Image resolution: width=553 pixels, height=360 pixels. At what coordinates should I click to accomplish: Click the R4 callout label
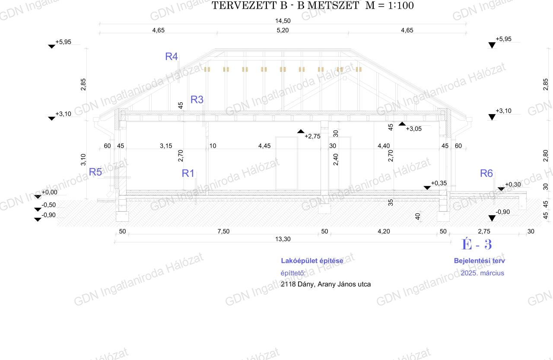pyautogui.click(x=172, y=57)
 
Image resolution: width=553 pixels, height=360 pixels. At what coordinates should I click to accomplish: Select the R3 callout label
pyautogui.click(x=197, y=99)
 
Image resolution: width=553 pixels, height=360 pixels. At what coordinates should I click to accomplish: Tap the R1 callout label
pyautogui.click(x=188, y=173)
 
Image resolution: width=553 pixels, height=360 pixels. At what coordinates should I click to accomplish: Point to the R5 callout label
pyautogui.click(x=95, y=172)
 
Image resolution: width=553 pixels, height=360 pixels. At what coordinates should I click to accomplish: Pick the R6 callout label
pyautogui.click(x=486, y=173)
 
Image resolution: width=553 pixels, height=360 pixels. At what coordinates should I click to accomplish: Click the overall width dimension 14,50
pyautogui.click(x=283, y=21)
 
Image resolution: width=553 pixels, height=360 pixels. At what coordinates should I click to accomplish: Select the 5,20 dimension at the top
pyautogui.click(x=283, y=30)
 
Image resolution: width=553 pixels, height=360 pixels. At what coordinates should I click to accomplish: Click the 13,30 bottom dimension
pyautogui.click(x=283, y=239)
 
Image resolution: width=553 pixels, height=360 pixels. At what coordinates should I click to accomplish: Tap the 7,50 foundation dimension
pyautogui.click(x=223, y=231)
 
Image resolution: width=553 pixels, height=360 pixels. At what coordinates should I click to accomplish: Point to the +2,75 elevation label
pyautogui.click(x=312, y=136)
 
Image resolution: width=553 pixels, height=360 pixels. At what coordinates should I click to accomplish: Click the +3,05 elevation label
pyautogui.click(x=413, y=129)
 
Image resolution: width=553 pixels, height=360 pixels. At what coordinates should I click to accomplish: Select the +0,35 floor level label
pyautogui.click(x=439, y=183)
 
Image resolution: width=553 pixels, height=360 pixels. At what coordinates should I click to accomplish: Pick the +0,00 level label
pyautogui.click(x=49, y=192)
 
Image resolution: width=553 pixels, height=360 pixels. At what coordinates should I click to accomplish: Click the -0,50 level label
pyautogui.click(x=49, y=205)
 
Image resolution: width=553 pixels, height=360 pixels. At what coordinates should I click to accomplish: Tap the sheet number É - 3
pyautogui.click(x=477, y=245)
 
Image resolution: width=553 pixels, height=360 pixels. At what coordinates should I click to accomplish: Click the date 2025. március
pyautogui.click(x=483, y=273)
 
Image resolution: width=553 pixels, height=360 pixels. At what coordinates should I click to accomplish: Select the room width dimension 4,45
pyautogui.click(x=264, y=146)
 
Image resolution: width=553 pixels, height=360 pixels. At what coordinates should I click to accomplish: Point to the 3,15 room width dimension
pyautogui.click(x=166, y=146)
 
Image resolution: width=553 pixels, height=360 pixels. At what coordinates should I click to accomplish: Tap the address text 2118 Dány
pyautogui.click(x=298, y=284)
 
